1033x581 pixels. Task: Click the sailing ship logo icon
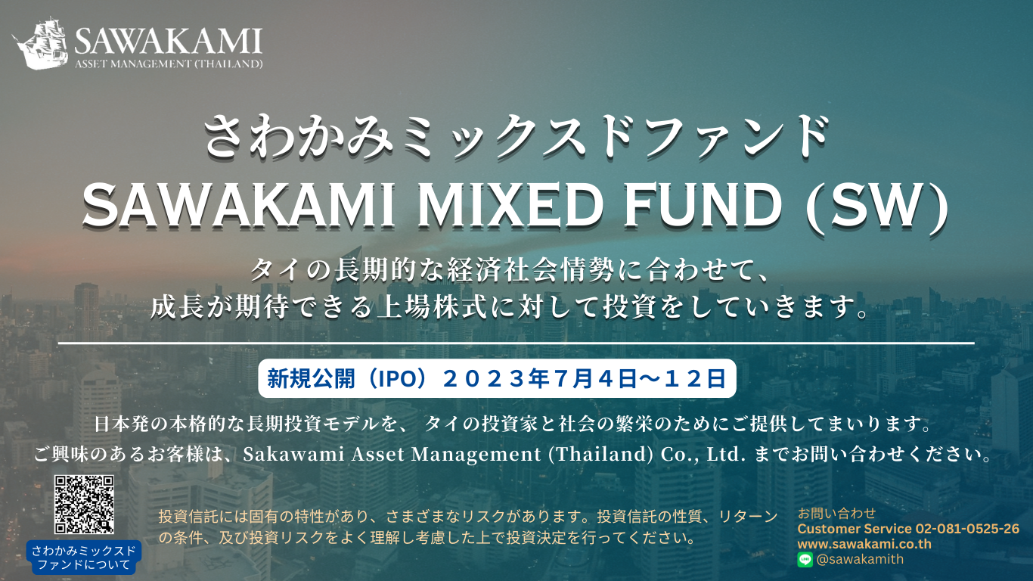click(x=41, y=43)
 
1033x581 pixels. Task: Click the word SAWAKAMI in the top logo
click(x=169, y=41)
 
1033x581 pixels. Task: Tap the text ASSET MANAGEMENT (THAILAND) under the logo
click(x=169, y=64)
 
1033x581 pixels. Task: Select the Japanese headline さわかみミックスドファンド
click(x=516, y=137)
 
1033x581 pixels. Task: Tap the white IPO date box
click(x=497, y=378)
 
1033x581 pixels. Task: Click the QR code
click(x=84, y=505)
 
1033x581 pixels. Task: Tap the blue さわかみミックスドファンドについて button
click(x=83, y=557)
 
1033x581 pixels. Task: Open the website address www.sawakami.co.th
click(x=864, y=544)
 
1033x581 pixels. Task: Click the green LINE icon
click(x=805, y=559)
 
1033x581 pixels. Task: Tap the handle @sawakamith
click(x=860, y=559)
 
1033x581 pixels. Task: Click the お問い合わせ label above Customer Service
click(x=836, y=513)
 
